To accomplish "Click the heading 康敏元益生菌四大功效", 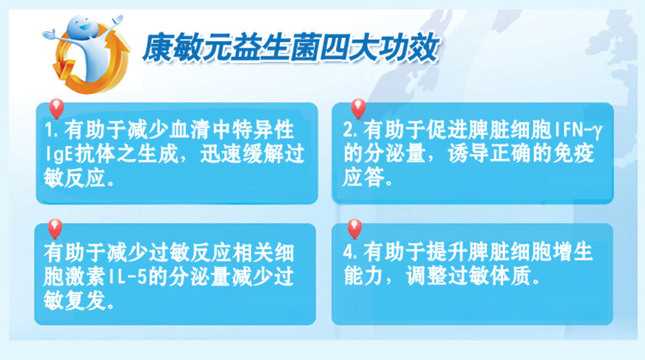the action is pyautogui.click(x=291, y=49).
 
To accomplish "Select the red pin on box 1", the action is pyautogui.click(x=56, y=108).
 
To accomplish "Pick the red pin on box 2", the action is pyautogui.click(x=358, y=108).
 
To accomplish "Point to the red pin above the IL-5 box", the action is pyautogui.click(x=55, y=228).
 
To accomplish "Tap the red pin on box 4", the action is pyautogui.click(x=355, y=228).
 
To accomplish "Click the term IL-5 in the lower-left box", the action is pyautogui.click(x=129, y=276).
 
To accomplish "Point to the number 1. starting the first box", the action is pyautogui.click(x=51, y=131).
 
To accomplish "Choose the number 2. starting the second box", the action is pyautogui.click(x=350, y=131).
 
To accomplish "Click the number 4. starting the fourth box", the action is pyautogui.click(x=350, y=252).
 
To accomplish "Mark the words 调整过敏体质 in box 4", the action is pyautogui.click(x=468, y=276).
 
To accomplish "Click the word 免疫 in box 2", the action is pyautogui.click(x=574, y=154).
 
